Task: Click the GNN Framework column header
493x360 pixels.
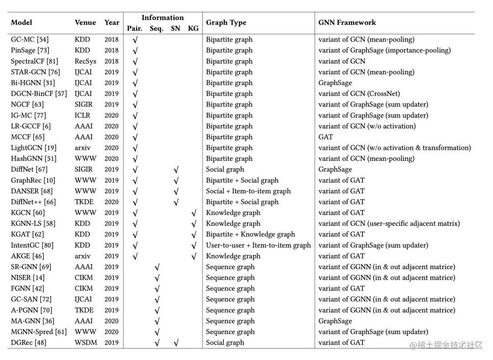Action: pyautogui.click(x=347, y=22)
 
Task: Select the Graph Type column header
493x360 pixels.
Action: pyautogui.click(x=226, y=22)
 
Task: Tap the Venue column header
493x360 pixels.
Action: pyautogui.click(x=85, y=22)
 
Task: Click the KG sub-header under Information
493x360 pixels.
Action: pyautogui.click(x=193, y=28)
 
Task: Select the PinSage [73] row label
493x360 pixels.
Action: pyautogui.click(x=30, y=50)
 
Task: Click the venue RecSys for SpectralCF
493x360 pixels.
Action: pyautogui.click(x=85, y=61)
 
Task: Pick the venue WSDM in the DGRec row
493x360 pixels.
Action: pyautogui.click(x=86, y=343)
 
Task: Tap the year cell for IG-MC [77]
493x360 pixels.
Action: pyautogui.click(x=111, y=115)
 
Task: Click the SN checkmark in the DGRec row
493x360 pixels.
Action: pyautogui.click(x=176, y=343)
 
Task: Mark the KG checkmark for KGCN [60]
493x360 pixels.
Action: pyautogui.click(x=194, y=213)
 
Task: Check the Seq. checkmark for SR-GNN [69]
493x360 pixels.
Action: pyautogui.click(x=157, y=267)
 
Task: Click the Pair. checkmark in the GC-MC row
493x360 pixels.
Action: pyautogui.click(x=135, y=40)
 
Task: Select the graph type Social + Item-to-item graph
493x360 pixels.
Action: pyautogui.click(x=248, y=191)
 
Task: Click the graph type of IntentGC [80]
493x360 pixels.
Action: pyautogui.click(x=258, y=245)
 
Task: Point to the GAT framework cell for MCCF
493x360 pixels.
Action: pyautogui.click(x=325, y=137)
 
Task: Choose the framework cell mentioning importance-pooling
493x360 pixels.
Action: pyautogui.click(x=384, y=50)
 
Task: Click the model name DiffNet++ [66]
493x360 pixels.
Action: pyautogui.click(x=33, y=202)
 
